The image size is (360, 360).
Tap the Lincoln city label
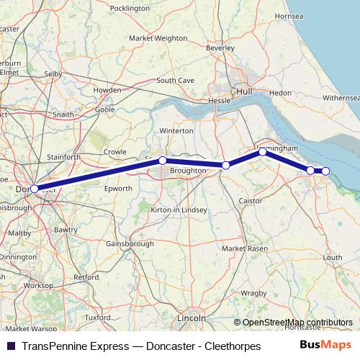192,318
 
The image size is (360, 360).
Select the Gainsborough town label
130,244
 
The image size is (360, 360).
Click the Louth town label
333,257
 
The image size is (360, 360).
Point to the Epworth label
118,188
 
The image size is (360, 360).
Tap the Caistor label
251,200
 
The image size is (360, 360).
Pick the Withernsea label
341,97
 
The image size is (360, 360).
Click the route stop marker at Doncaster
34,189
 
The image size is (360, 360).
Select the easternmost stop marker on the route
325,171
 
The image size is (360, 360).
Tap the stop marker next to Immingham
263,151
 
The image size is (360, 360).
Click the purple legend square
11,346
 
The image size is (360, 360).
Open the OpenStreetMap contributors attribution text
297,323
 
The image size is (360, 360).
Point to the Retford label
86,276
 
